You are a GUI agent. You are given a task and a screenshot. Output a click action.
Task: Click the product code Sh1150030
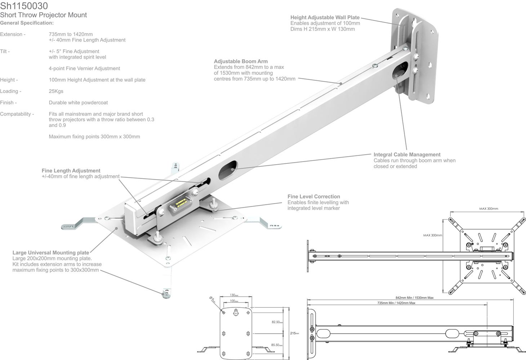(24, 6)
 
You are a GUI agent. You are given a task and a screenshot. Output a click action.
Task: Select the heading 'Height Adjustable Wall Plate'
(325, 17)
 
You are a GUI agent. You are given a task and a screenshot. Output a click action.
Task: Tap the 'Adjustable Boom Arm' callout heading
(241, 61)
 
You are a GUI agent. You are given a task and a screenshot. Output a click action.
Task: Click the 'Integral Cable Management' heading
(407, 154)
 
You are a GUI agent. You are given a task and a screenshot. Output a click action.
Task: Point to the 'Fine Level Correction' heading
(313, 197)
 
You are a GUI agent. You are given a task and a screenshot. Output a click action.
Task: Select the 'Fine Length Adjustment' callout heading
(71, 171)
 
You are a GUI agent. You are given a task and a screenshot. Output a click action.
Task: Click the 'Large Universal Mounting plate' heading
(51, 253)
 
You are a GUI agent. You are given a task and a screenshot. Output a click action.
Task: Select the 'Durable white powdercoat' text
(78, 103)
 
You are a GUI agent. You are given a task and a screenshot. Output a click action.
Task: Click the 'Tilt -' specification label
(5, 51)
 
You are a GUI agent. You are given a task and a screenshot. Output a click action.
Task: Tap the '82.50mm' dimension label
(277, 322)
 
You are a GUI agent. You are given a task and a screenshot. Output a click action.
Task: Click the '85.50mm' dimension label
(277, 345)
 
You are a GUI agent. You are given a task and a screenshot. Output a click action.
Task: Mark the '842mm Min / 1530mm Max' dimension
(414, 298)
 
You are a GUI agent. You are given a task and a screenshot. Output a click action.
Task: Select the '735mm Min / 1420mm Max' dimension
(396, 303)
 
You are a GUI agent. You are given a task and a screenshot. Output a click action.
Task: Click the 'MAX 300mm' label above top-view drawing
(489, 209)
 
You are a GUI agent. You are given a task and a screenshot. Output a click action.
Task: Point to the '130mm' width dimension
(234, 295)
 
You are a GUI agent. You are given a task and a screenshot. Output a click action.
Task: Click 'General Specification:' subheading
(27, 23)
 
